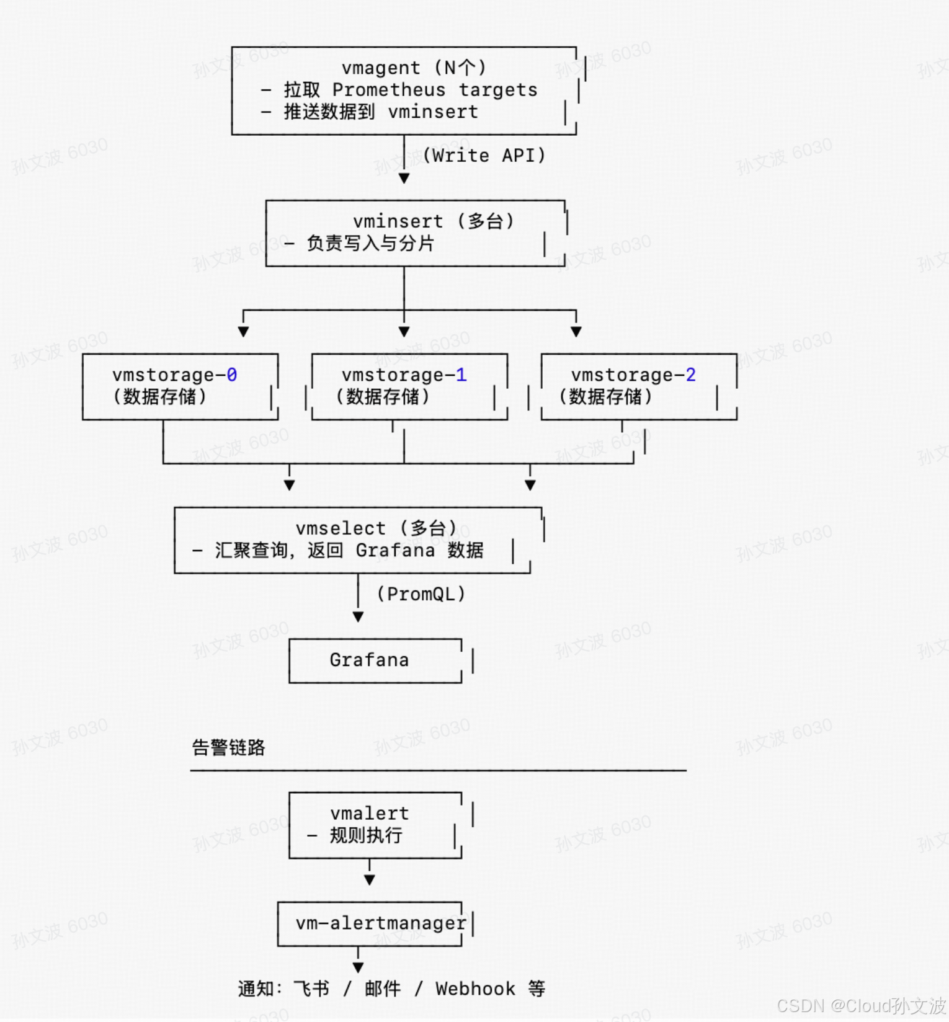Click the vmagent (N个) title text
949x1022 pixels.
pos(413,67)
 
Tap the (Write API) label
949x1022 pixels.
pos(484,155)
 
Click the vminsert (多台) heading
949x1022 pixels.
pos(433,221)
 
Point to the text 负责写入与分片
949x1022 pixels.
pos(370,243)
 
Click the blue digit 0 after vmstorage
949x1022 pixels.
pos(231,375)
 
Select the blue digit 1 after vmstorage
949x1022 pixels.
pos(461,375)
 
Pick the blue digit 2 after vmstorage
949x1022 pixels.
pos(690,375)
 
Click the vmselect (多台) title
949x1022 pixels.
pos(376,528)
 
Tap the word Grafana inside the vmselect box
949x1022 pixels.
pos(395,550)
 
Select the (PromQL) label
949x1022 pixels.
pos(421,594)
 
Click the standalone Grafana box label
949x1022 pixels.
pos(369,660)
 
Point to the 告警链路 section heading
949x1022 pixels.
pos(228,747)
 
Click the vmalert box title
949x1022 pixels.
pos(369,813)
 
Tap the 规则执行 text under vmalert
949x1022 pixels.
pos(366,835)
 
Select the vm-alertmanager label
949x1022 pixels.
pos(380,923)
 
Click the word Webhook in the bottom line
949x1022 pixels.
pos(475,989)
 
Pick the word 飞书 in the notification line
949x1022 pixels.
pos(311,989)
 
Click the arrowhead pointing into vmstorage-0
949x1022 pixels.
pos(244,332)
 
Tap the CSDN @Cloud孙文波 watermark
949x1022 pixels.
pos(861,1005)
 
